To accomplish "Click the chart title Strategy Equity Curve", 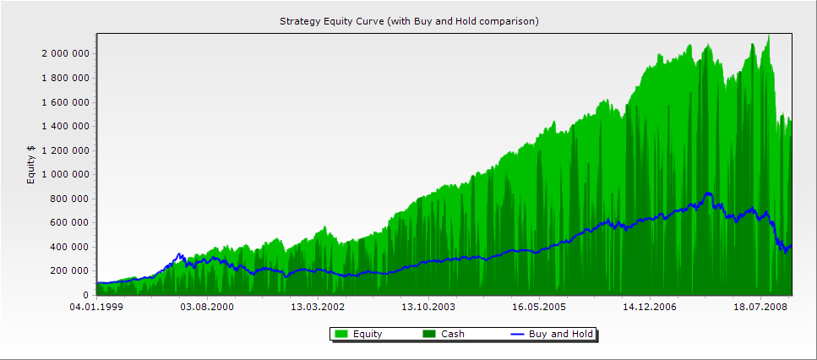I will tap(409, 20).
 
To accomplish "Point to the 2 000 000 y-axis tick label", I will tap(66, 54).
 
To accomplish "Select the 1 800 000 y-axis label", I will tap(66, 79).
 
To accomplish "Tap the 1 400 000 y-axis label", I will tap(66, 127).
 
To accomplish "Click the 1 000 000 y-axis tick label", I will tap(66, 175).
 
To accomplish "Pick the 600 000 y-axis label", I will tap(71, 223).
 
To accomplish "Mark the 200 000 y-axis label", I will tap(71, 271).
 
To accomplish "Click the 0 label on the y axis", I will tap(88, 295).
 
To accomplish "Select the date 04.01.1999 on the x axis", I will tap(97, 308).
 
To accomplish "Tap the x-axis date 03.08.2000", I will tap(208, 308).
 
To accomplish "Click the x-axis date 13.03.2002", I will tap(319, 308).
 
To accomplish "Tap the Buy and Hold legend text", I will tap(560, 335).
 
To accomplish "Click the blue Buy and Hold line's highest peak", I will tap(708, 194).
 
